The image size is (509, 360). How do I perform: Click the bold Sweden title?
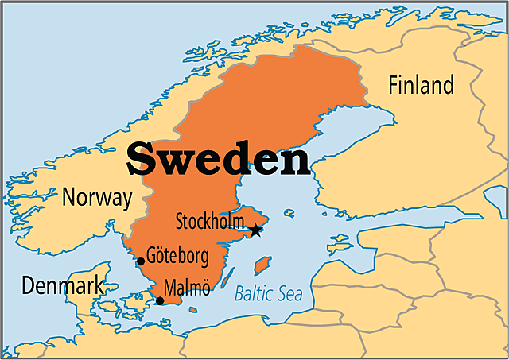point(218,159)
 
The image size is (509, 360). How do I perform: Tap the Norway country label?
point(97,197)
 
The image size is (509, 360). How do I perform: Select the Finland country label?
point(421,85)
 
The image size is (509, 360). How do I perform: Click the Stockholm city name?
point(210,219)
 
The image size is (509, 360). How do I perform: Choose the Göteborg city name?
point(177,257)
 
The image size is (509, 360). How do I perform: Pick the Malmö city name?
point(186,288)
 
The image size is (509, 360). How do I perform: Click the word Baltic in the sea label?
point(254,295)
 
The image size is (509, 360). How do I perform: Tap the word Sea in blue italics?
point(289,295)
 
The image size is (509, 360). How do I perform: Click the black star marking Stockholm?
point(255,230)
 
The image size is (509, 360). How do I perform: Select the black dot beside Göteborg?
point(141,261)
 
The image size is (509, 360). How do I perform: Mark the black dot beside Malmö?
point(160,300)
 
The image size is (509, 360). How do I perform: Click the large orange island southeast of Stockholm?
point(262,265)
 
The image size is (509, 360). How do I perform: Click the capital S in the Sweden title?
point(142,159)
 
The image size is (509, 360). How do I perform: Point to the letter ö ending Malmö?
point(204,288)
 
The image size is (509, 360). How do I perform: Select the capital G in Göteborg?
point(151,257)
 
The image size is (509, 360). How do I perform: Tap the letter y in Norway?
point(126,199)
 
